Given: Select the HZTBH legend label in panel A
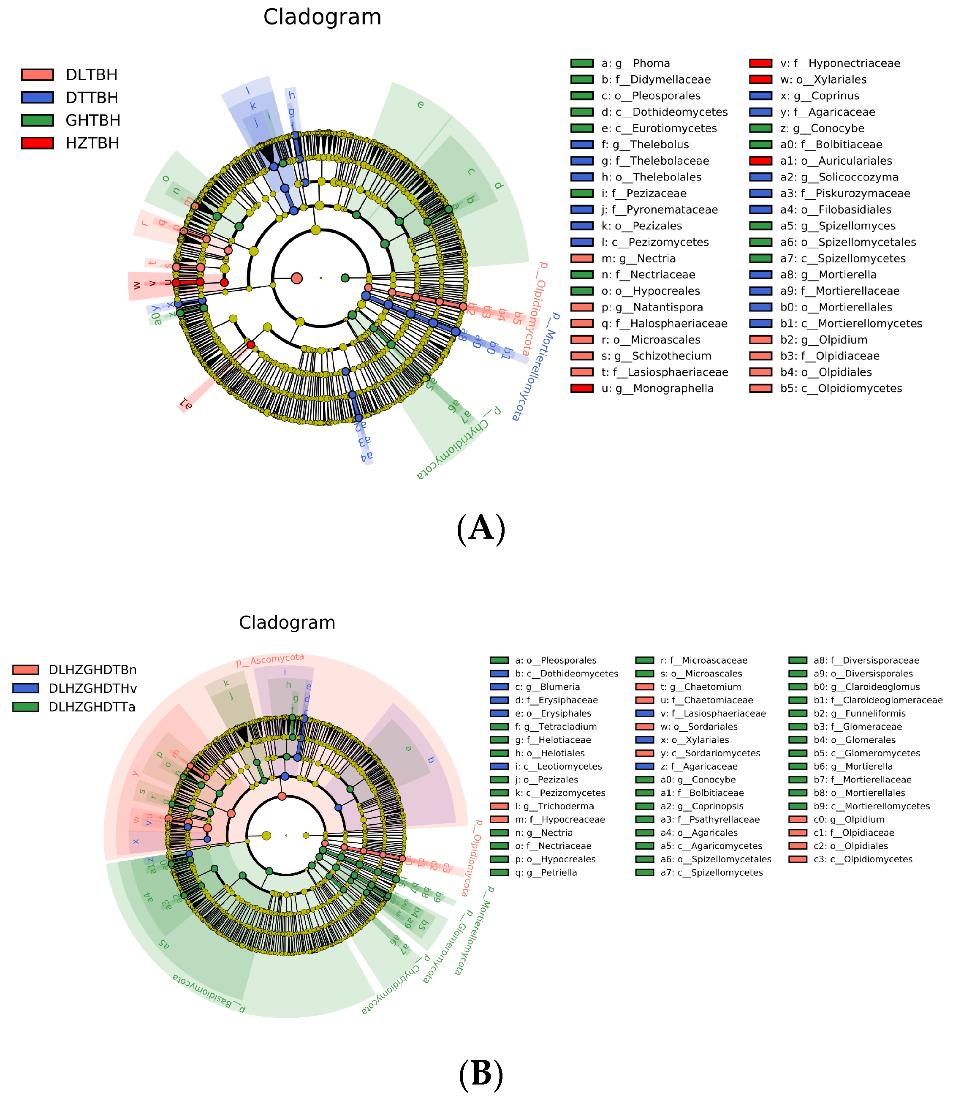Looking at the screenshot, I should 92,144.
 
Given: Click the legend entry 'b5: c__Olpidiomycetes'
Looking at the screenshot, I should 841,388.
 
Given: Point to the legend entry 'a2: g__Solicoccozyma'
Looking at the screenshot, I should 839,177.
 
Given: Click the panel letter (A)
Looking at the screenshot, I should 481,529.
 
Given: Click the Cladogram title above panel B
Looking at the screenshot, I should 287,623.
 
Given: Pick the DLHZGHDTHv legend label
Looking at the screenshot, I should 92,689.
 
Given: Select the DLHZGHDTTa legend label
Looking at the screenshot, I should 92,707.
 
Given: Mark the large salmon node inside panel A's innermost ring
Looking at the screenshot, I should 297,278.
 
